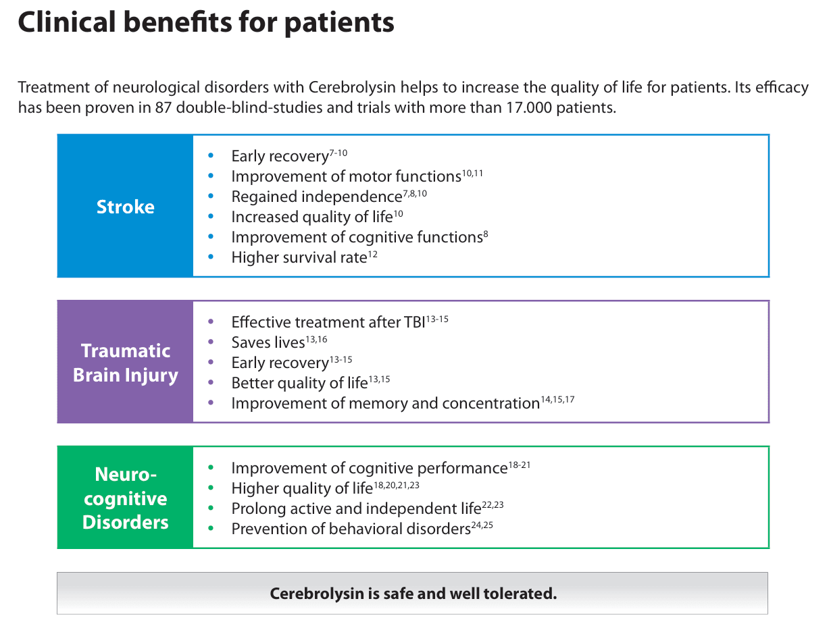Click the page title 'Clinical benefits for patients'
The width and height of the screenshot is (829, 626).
205,23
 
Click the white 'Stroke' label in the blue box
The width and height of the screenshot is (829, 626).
125,207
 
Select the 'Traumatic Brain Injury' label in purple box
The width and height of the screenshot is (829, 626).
125,363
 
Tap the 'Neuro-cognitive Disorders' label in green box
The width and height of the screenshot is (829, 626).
125,498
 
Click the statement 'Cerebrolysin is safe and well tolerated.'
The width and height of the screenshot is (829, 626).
413,594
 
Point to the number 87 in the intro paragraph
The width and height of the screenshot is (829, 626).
164,108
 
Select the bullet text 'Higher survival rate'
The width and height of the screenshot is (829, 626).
298,258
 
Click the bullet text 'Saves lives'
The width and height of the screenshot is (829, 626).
268,343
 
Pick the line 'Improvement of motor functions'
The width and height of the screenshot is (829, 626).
345,177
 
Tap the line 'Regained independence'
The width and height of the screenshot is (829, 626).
316,197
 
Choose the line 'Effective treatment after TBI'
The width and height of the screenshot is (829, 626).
328,323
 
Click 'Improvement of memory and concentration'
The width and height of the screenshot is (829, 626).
385,404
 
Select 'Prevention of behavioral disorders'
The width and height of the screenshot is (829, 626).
350,529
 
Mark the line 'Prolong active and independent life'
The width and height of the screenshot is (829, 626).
355,509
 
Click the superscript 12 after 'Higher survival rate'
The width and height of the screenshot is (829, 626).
373,254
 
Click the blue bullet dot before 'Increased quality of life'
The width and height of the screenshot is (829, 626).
211,217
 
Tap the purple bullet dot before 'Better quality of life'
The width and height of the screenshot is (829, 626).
211,383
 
